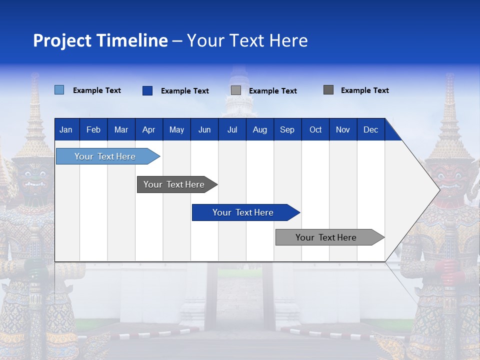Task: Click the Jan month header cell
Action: tap(66, 129)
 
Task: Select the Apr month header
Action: tap(149, 129)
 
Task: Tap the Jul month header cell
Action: tap(232, 129)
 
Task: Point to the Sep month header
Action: tap(287, 129)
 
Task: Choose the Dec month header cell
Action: tap(370, 129)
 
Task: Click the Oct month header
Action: tap(315, 129)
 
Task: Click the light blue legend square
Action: tap(59, 90)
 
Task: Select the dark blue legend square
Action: tap(147, 90)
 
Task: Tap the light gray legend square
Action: tap(236, 90)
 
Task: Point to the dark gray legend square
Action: tap(328, 90)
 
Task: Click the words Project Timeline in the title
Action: tap(100, 40)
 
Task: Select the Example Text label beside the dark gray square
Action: tap(364, 90)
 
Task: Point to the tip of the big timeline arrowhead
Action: tap(438, 189)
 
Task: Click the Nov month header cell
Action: tap(343, 129)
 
